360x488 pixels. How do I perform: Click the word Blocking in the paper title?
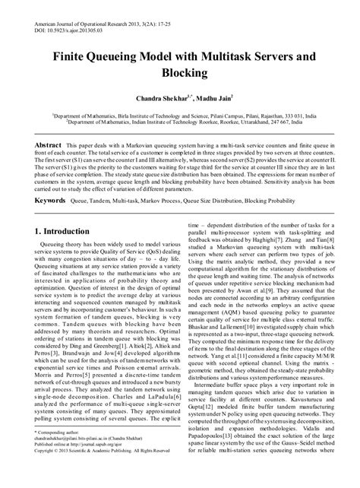point(179,73)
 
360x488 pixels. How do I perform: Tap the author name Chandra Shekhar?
point(149,99)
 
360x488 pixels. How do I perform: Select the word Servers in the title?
point(279,55)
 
